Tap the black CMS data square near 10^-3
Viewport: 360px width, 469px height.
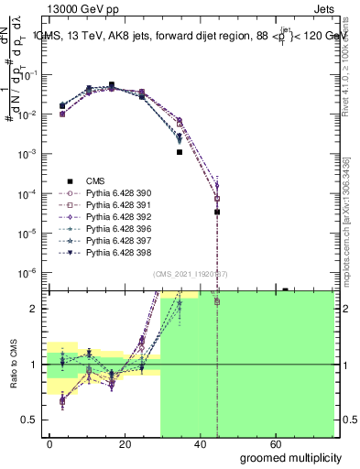pyautogui.click(x=180, y=152)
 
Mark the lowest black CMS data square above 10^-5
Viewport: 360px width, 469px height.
pyautogui.click(x=217, y=212)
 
